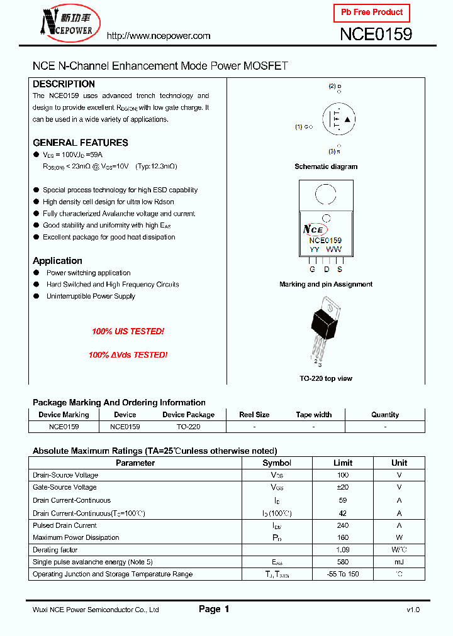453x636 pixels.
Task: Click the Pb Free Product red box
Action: coord(371,13)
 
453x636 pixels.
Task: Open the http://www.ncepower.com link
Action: coord(158,36)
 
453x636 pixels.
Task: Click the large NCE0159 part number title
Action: coord(376,35)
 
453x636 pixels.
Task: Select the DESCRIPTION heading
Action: coord(64,84)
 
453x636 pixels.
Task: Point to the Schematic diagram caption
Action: coord(326,167)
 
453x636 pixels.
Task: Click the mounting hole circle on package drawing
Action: coord(325,194)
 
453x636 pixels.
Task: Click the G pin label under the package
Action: coord(311,269)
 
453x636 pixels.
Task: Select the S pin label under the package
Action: coord(339,269)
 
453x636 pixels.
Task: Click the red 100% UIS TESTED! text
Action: coord(128,331)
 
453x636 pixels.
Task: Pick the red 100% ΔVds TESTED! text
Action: coord(128,354)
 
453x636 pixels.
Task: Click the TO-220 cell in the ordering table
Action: coord(188,426)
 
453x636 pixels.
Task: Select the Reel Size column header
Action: coord(254,415)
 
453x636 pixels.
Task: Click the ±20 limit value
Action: coord(343,487)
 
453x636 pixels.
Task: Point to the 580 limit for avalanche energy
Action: coord(343,562)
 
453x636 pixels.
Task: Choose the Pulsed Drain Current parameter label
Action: coord(64,525)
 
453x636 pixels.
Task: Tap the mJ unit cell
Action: coord(399,562)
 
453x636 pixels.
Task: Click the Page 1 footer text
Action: coord(214,609)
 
